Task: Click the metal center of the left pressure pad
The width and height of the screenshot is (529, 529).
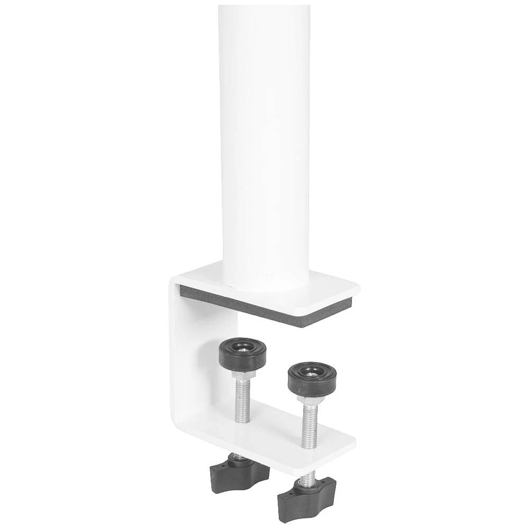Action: (243, 347)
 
